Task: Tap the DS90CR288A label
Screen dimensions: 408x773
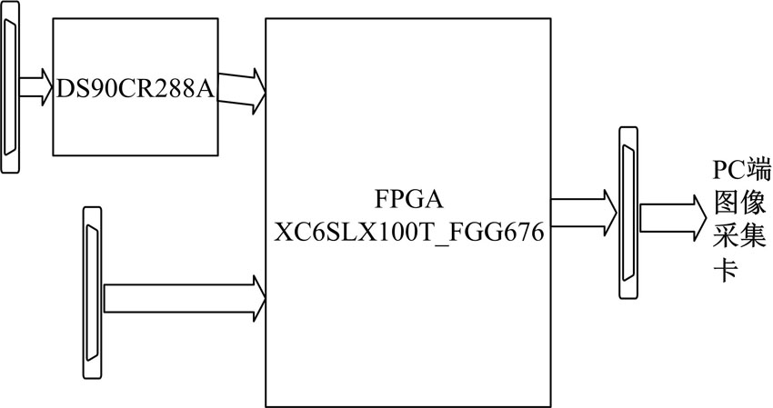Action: click(x=135, y=88)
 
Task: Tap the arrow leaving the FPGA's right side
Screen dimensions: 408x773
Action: click(x=582, y=210)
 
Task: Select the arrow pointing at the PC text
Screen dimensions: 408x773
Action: click(x=671, y=216)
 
